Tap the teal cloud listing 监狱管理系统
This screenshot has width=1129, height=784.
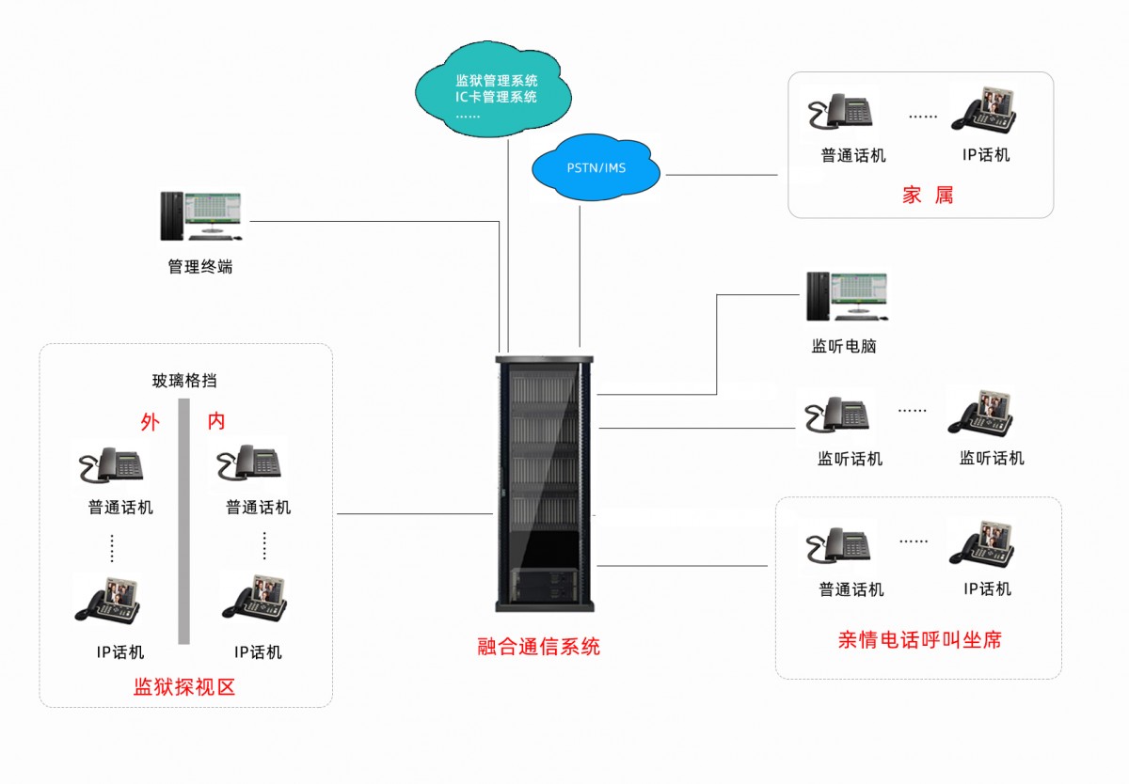tap(494, 92)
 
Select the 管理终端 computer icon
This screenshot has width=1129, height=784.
tap(199, 217)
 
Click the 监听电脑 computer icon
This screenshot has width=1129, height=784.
tap(846, 298)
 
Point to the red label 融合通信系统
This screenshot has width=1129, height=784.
tap(538, 647)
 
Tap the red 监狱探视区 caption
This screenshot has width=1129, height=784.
tap(184, 687)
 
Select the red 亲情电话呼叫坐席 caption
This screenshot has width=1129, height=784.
tap(919, 640)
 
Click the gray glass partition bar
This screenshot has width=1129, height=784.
tap(184, 536)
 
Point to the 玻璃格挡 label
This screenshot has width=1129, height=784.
tap(184, 381)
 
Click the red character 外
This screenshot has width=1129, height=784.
tap(150, 422)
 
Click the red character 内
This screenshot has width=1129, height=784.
tap(216, 422)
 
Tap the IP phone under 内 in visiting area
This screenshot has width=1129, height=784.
tap(255, 597)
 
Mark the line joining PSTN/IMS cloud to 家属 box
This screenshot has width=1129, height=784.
tap(721, 175)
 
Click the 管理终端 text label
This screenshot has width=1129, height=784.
tap(199, 267)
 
